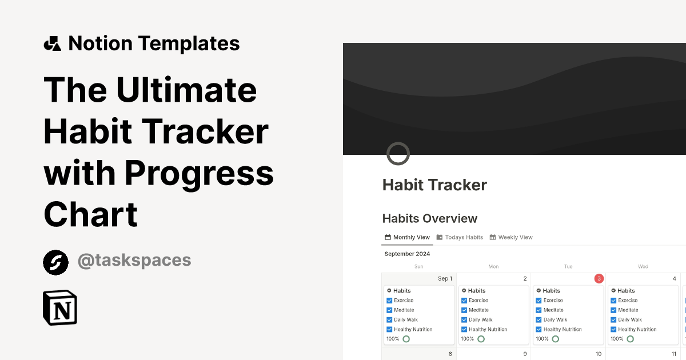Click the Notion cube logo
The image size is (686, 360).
(60, 308)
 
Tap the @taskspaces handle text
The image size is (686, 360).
(134, 261)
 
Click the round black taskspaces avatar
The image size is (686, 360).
(55, 262)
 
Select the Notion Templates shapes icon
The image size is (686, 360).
(52, 43)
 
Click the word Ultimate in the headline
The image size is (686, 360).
(186, 90)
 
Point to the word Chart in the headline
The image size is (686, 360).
(90, 214)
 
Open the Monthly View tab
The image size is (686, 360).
(407, 237)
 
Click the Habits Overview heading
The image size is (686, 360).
(430, 218)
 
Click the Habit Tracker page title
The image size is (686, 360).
(434, 185)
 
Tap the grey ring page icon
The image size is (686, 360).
(398, 154)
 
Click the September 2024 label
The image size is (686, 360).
(407, 254)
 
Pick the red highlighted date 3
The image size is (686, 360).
(599, 279)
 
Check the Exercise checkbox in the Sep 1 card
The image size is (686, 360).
(389, 301)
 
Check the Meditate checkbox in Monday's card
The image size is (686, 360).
(464, 310)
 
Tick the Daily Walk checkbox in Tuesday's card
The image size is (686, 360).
(539, 320)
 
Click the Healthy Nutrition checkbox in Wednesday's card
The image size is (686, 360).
(613, 330)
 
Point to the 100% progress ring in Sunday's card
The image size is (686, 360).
(406, 339)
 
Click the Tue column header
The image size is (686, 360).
(568, 266)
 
